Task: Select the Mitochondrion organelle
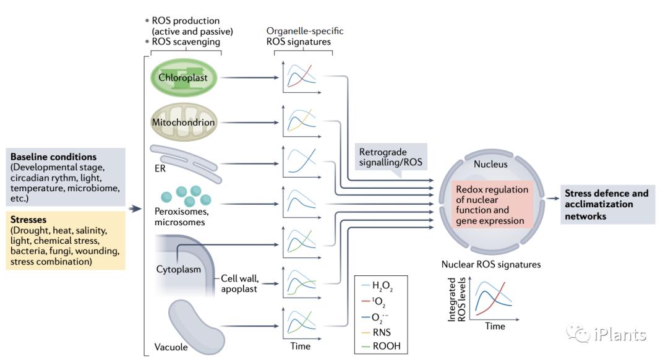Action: pos(183,122)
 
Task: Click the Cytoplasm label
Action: pos(174,269)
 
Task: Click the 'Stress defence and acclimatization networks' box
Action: pos(606,204)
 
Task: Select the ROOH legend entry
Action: pos(387,346)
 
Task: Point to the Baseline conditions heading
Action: pos(53,157)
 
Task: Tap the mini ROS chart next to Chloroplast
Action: pos(301,78)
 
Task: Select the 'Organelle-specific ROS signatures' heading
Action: pos(304,37)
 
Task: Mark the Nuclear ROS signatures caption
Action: pos(491,264)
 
